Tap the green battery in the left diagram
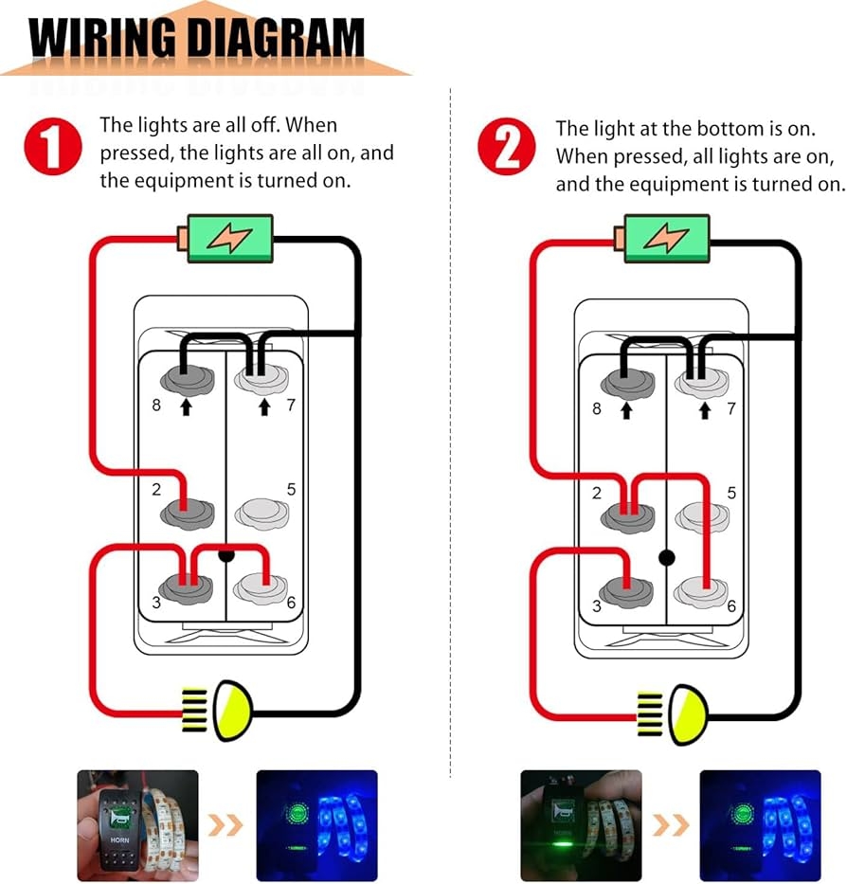tap(229, 239)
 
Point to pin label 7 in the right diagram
tap(730, 409)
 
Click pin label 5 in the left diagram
tap(291, 490)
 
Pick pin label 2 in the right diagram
tap(597, 493)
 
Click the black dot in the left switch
tap(226, 556)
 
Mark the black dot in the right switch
tap(667, 557)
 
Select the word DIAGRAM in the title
tap(269, 40)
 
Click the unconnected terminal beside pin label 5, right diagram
tap(702, 516)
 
